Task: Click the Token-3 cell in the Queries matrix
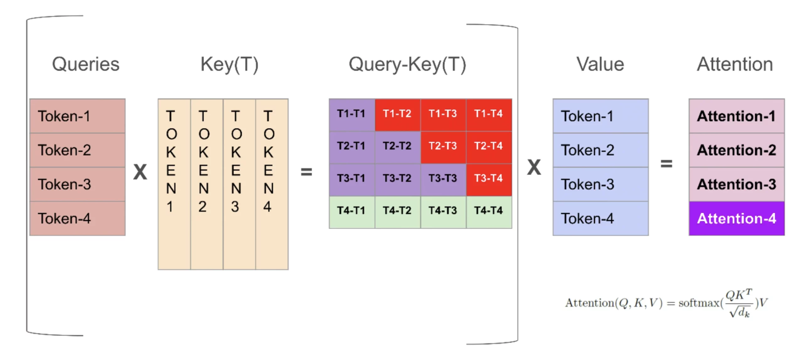(x=77, y=184)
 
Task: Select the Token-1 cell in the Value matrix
(x=600, y=116)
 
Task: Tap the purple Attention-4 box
(x=736, y=219)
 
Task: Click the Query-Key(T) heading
(x=407, y=64)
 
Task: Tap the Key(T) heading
(x=229, y=64)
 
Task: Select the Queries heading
(x=86, y=64)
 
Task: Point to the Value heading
(x=600, y=64)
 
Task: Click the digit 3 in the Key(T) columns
(x=235, y=207)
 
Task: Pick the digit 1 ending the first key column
(x=170, y=207)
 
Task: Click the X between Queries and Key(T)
(x=140, y=172)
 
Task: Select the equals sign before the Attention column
(x=666, y=164)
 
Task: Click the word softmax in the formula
(x=699, y=303)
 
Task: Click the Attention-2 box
(x=736, y=150)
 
